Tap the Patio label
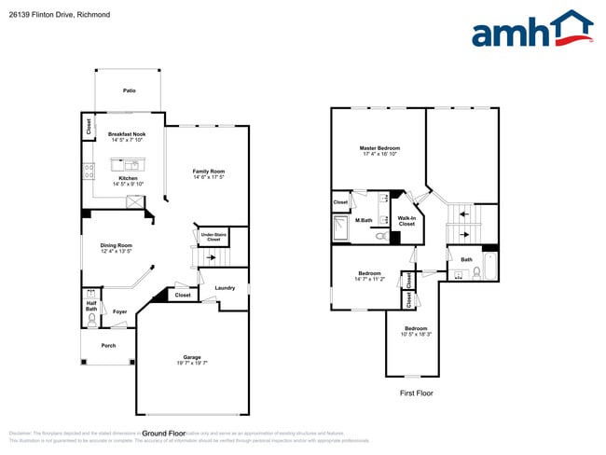click(130, 91)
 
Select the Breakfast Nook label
click(127, 134)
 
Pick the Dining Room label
click(117, 245)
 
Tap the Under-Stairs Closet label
click(213, 237)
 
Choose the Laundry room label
click(224, 288)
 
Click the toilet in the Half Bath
click(91, 320)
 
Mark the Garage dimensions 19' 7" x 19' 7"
click(192, 365)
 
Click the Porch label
click(108, 344)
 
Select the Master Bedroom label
click(379, 148)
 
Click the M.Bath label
click(365, 220)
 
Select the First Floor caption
click(415, 393)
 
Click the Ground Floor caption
click(164, 434)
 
